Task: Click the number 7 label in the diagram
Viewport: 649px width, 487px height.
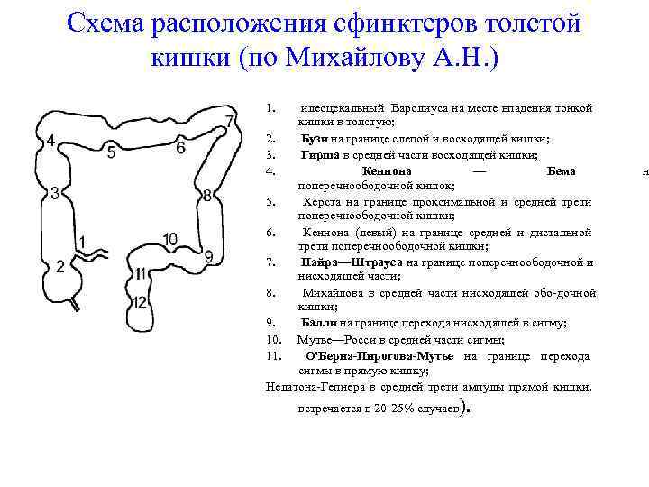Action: tap(231, 122)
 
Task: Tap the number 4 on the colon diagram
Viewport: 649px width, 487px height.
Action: tap(50, 142)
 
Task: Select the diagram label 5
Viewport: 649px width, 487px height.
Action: tap(111, 152)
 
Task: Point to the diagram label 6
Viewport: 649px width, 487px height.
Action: tap(180, 148)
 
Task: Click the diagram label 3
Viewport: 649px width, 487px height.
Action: tap(56, 192)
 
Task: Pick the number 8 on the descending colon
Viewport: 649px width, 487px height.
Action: tap(207, 196)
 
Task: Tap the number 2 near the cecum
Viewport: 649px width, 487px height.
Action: tap(60, 266)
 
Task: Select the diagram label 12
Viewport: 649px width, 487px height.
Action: tap(139, 302)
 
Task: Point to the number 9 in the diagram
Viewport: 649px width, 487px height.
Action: tap(209, 257)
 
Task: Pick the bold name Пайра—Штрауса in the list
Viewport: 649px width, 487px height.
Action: tap(352, 262)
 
